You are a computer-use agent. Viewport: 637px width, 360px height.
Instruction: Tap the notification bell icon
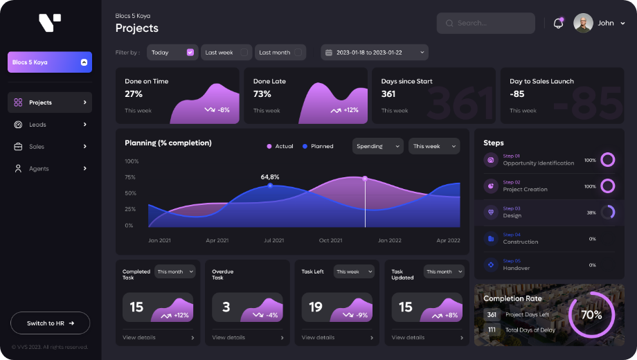pos(558,23)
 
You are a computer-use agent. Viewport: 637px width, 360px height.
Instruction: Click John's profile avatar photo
pos(583,23)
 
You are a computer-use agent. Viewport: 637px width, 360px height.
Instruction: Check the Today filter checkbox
pos(190,53)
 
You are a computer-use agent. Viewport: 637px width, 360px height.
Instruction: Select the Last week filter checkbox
pos(244,53)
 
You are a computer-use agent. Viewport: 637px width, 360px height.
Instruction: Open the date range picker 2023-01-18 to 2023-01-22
pos(374,53)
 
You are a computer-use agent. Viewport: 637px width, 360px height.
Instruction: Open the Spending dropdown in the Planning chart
pos(378,146)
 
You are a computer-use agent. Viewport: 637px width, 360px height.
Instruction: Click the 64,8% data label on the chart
pos(270,177)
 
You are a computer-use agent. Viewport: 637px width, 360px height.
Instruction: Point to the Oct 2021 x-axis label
pos(330,241)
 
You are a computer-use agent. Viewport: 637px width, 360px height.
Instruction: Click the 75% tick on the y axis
pos(130,177)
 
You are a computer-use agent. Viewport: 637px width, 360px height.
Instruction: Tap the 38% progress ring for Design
pos(608,213)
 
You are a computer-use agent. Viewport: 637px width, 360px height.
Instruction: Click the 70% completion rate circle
pos(591,314)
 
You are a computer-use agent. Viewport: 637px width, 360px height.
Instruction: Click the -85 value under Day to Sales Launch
pos(517,94)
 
